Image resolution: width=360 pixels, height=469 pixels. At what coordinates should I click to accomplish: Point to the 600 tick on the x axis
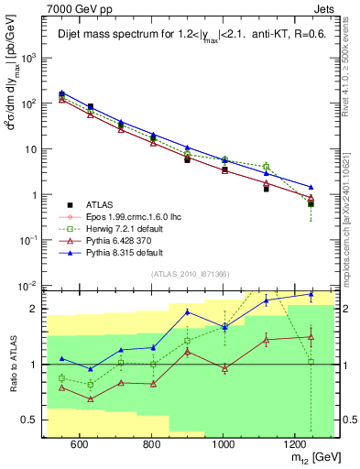tap(79, 444)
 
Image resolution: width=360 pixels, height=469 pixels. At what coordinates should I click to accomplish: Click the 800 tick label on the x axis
tap(151, 444)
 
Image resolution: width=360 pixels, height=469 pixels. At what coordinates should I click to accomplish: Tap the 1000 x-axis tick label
tap(223, 444)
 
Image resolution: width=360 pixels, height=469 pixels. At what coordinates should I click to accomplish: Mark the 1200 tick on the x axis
tap(295, 444)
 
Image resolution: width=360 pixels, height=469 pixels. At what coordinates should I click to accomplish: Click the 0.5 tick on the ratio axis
tap(29, 420)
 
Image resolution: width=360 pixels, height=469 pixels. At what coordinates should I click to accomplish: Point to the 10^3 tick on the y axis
tap(27, 58)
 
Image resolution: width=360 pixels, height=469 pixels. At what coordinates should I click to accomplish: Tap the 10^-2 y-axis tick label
tap(27, 286)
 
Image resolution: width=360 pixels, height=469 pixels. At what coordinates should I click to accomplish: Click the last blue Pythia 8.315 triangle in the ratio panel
tap(311, 295)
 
